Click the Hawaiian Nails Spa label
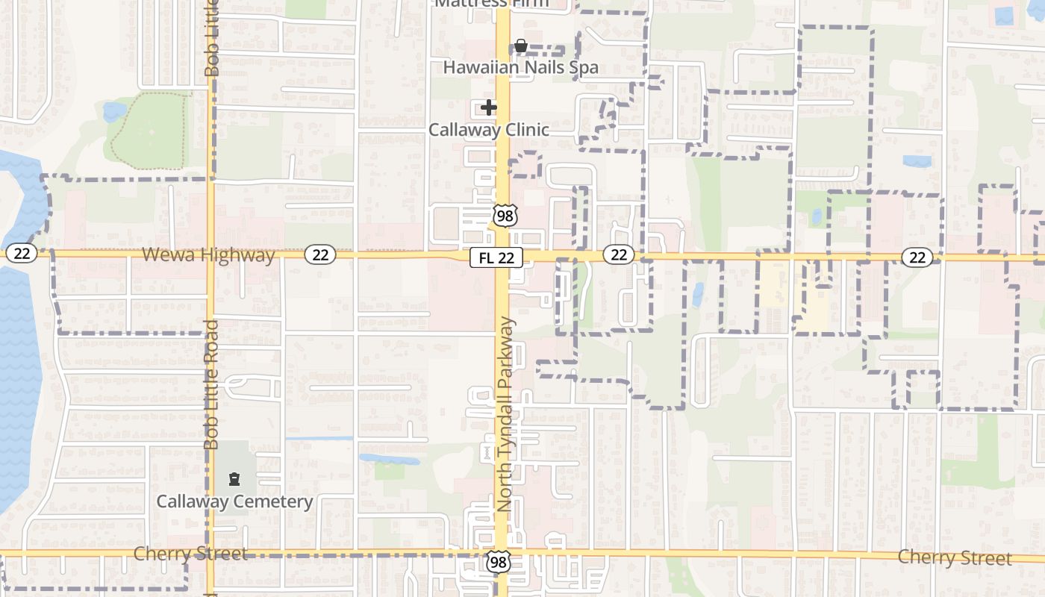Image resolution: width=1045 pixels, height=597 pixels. click(520, 67)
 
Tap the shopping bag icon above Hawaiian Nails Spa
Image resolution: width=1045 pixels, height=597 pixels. click(520, 47)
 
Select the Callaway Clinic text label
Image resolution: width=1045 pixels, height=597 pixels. click(488, 130)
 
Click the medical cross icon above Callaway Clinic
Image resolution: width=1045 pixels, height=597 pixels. click(488, 108)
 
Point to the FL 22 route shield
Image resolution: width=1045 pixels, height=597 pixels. click(496, 257)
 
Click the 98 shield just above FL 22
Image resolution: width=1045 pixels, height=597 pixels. click(505, 216)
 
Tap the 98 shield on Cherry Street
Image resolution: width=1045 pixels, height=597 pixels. click(498, 562)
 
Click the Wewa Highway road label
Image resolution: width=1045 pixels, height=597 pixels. click(208, 255)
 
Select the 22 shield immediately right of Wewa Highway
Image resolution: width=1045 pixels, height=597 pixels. click(320, 255)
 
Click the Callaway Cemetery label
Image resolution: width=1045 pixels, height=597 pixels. click(234, 501)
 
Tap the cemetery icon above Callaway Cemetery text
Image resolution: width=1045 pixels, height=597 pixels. click(234, 478)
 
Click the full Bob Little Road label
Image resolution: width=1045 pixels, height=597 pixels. click(211, 384)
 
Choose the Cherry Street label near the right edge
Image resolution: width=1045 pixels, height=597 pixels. click(955, 557)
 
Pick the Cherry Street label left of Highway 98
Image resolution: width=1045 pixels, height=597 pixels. click(190, 554)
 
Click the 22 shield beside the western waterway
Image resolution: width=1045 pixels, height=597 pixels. click(22, 254)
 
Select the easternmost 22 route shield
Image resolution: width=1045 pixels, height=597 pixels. click(917, 257)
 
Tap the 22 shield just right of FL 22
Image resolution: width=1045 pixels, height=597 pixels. click(619, 255)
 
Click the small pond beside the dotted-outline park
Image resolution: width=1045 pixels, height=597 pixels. click(115, 112)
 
